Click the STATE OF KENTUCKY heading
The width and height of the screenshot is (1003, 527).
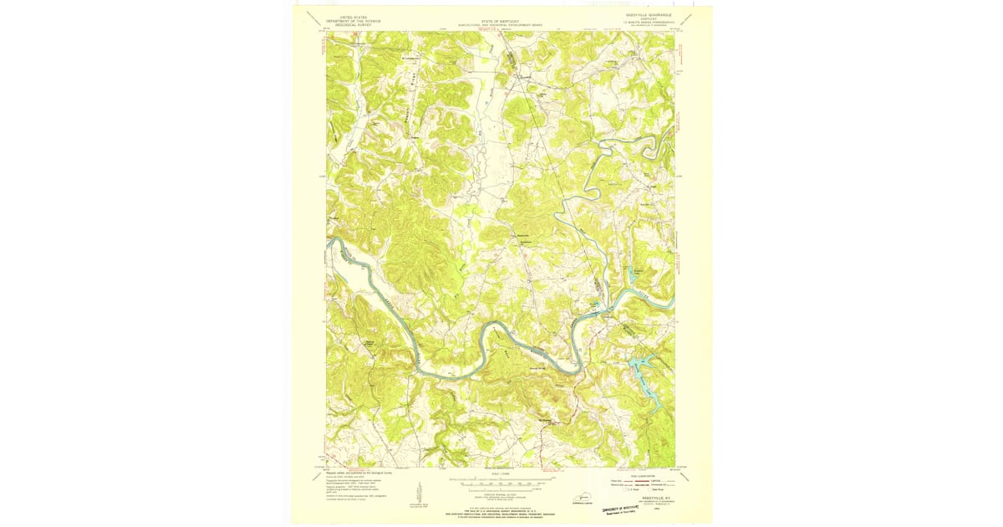[x=501, y=21]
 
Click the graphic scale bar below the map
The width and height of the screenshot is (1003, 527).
[x=501, y=482]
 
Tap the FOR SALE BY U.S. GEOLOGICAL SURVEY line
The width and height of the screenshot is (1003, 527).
[x=501, y=510]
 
